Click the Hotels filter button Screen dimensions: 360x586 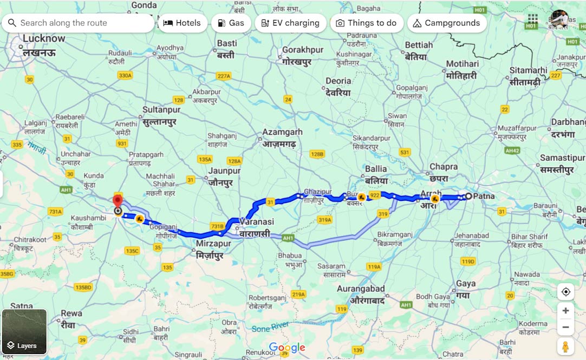point(183,23)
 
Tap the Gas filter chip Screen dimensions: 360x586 point(231,23)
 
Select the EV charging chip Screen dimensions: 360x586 point(290,23)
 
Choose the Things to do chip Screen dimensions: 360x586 point(366,23)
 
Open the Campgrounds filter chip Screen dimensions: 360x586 point(446,23)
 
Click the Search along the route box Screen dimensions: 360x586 point(79,23)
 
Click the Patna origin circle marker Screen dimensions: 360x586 point(468,196)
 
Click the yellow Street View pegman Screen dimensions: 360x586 point(565,346)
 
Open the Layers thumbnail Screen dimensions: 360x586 point(24,331)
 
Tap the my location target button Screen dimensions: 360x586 point(565,292)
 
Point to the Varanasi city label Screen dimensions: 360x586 point(257,222)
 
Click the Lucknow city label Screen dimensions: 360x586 point(43,38)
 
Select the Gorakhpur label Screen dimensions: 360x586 point(303,50)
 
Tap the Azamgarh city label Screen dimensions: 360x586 point(282,132)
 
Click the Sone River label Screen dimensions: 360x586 point(270,328)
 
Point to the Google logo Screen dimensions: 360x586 point(287,348)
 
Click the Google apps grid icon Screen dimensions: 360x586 point(533,18)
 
